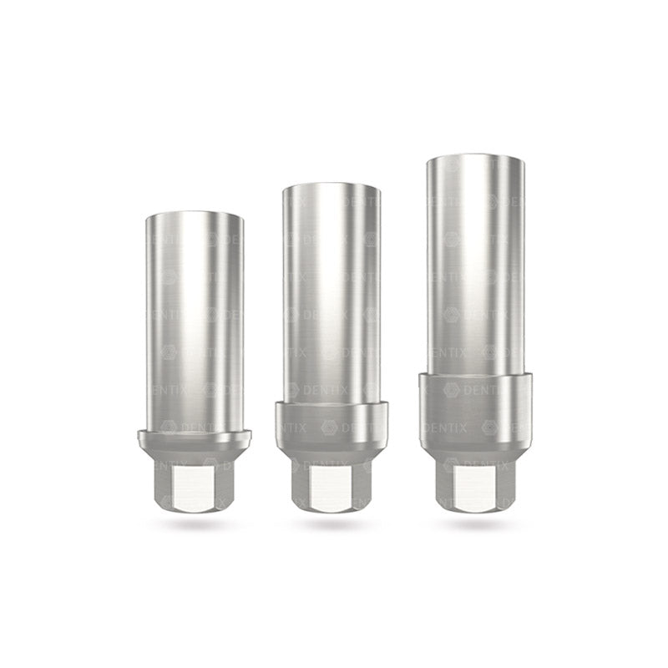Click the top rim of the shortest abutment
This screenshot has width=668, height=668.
(x=194, y=215)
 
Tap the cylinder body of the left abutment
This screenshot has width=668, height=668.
(x=194, y=317)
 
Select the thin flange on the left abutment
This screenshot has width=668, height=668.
(x=194, y=435)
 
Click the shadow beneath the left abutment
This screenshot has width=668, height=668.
(x=194, y=524)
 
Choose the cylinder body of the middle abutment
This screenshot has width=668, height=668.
(x=331, y=292)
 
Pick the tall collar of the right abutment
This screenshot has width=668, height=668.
(x=474, y=409)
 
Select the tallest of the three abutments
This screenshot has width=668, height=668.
(x=474, y=334)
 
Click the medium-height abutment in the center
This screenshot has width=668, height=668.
(x=331, y=351)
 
